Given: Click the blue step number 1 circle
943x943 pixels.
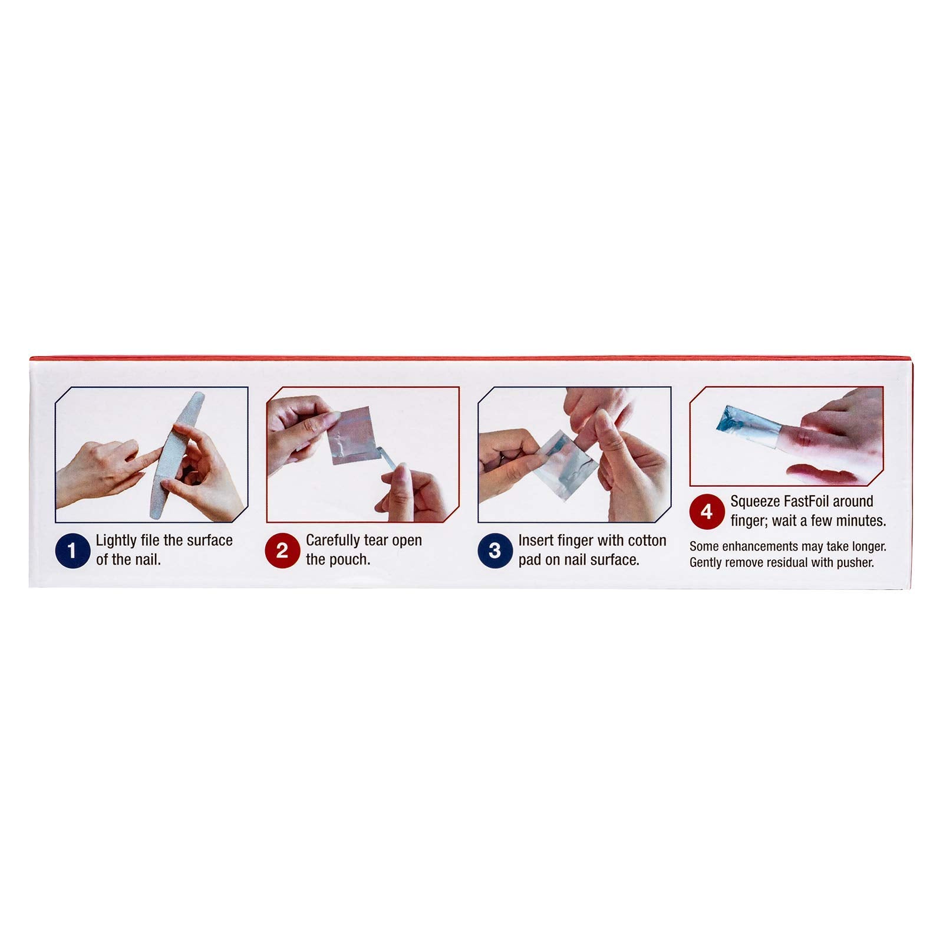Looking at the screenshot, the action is click(x=72, y=551).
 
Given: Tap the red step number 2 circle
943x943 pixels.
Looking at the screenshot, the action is click(x=282, y=551).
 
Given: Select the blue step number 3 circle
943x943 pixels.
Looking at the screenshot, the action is click(x=494, y=551).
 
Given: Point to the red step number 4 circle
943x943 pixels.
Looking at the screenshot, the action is click(x=706, y=512).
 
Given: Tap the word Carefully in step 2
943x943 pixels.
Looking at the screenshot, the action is click(x=334, y=541).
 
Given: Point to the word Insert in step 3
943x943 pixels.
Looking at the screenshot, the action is click(x=536, y=540).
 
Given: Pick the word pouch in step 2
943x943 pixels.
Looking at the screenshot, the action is click(x=351, y=560).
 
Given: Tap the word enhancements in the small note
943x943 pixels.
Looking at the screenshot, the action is click(x=758, y=547).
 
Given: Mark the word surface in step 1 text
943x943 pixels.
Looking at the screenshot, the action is click(x=210, y=540).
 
